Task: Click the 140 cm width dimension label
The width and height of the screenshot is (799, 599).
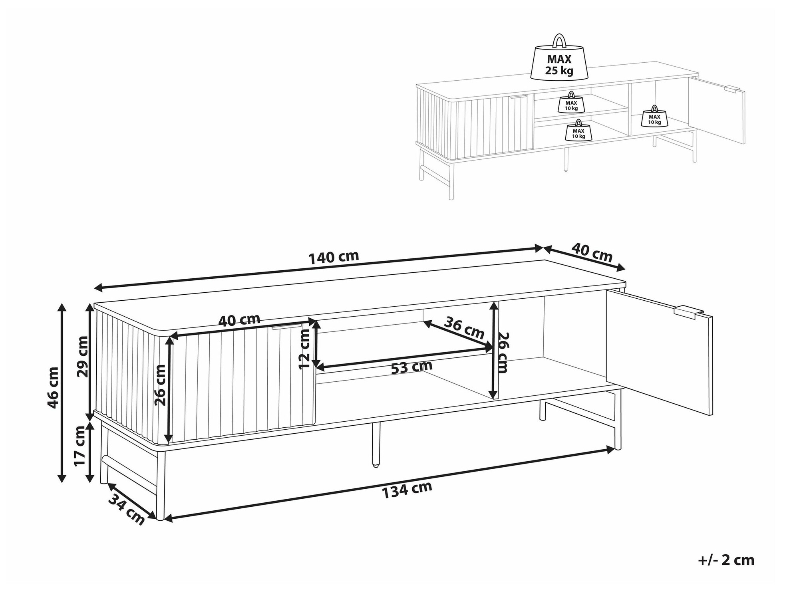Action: pos(334,257)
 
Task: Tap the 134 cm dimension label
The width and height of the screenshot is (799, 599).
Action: pos(407,490)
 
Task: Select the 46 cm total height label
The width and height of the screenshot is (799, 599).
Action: pos(53,387)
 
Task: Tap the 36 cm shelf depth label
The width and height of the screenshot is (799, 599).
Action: pos(465,327)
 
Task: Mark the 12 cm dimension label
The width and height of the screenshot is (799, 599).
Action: pos(304,349)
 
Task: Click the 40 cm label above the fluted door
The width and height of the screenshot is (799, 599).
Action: pos(239,320)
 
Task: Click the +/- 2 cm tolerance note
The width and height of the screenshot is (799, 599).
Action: pos(726,560)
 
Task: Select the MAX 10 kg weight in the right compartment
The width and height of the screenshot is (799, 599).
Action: pos(654,117)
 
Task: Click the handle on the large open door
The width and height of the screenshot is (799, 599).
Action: pos(688,311)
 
